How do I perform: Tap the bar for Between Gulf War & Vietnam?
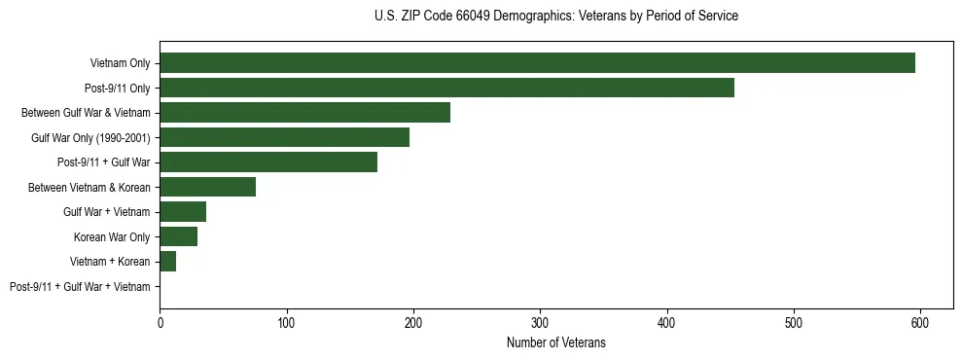point(304,113)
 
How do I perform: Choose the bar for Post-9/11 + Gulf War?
point(268,162)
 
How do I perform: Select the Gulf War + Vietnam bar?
point(183,212)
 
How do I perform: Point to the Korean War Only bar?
point(178,236)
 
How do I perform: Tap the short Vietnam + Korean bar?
point(168,262)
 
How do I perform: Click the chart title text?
point(555,17)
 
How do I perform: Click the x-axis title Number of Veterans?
point(555,342)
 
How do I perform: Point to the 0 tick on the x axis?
point(160,321)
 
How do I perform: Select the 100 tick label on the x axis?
point(286,321)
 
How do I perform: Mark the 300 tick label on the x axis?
point(540,321)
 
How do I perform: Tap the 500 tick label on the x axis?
point(794,321)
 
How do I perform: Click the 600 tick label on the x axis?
point(920,321)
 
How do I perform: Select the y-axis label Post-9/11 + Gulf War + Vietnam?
point(80,286)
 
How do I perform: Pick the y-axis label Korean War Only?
point(112,236)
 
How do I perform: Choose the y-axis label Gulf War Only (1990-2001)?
point(90,137)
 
